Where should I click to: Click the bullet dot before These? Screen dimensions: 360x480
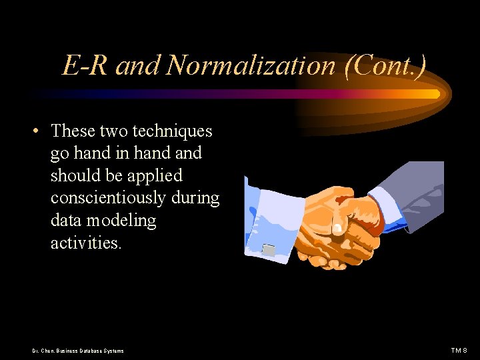click(x=34, y=131)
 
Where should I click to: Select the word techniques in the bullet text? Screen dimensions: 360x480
click(x=173, y=131)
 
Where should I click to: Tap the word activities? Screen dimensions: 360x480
click(x=86, y=243)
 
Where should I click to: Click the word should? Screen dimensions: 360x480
click(x=73, y=175)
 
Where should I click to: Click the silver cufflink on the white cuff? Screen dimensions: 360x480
click(x=268, y=250)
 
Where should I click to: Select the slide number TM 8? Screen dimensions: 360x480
click(x=459, y=350)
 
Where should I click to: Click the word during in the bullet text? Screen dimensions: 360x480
click(x=197, y=198)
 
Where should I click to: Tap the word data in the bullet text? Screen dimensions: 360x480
click(x=65, y=221)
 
